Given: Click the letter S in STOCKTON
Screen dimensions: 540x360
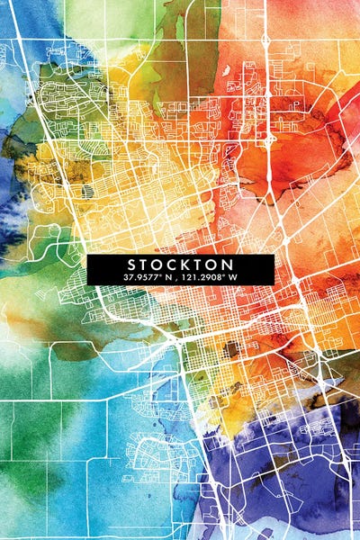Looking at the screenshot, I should [131, 265].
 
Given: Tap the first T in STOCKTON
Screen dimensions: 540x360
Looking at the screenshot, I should [146, 265].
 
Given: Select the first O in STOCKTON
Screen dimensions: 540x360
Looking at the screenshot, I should [160, 265].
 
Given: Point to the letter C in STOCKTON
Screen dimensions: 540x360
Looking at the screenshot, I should [175, 265].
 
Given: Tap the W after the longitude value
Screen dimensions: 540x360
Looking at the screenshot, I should [230, 277].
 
